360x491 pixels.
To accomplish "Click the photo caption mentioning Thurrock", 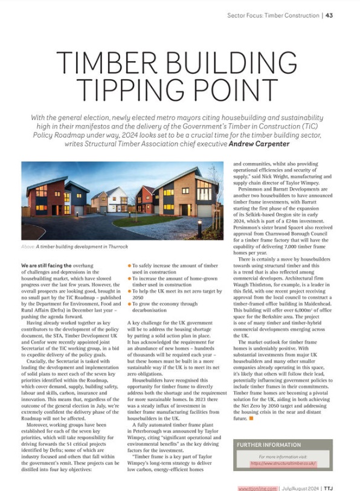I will [x=68, y=246].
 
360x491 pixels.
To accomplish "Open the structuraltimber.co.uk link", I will [x=283, y=464].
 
